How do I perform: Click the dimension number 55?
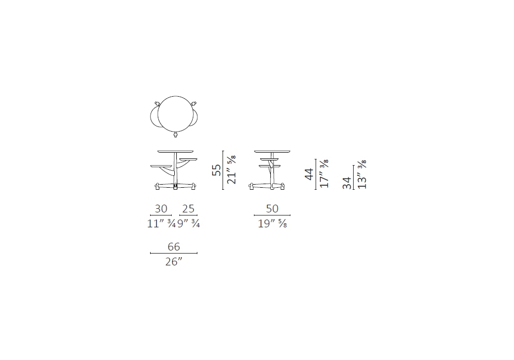click(x=216, y=170)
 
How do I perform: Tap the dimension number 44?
click(x=309, y=174)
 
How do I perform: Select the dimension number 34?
click(x=347, y=183)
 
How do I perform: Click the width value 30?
click(x=161, y=208)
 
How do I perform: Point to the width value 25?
click(x=189, y=208)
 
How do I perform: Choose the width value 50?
click(x=272, y=208)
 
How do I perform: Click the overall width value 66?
click(x=174, y=246)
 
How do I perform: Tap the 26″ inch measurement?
click(x=174, y=262)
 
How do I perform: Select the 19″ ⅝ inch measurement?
click(x=272, y=224)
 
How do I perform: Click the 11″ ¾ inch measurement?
click(x=161, y=224)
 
